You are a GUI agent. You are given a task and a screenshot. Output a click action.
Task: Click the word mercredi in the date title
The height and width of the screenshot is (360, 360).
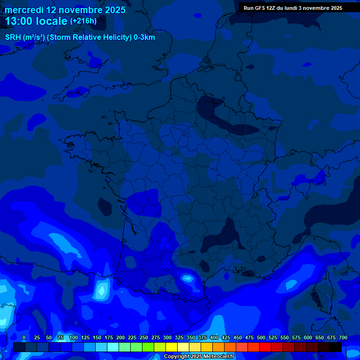click(24, 10)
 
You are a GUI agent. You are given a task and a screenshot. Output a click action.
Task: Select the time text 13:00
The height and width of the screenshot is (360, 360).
click(19, 21)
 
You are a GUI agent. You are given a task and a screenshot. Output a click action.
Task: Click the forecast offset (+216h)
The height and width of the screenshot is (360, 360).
click(83, 21)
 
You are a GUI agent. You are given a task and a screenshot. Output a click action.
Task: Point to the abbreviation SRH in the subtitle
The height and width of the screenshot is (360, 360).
click(13, 37)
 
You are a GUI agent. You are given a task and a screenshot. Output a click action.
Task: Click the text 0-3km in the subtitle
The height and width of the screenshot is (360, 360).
click(144, 37)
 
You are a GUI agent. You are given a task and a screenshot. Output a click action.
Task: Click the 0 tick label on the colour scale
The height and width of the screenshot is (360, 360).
click(24, 337)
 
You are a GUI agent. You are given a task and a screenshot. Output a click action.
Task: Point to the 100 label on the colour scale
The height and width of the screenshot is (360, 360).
click(73, 337)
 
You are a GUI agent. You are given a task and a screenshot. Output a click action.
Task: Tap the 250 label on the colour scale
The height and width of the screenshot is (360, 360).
click(143, 337)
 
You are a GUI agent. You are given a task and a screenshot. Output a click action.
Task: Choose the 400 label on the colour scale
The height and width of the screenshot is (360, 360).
click(214, 337)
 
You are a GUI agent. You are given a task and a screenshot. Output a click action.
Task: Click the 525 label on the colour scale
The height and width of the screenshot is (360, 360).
click(272, 337)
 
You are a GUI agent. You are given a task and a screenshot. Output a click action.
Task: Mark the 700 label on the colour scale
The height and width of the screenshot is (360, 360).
click(343, 337)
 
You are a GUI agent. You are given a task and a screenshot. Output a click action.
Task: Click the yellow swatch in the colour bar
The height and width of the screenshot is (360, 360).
click(172, 347)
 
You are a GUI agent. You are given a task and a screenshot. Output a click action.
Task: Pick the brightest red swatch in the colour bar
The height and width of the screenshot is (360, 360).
click(265, 347)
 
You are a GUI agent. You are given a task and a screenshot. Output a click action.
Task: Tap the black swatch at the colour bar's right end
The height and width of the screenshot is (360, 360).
click(336, 347)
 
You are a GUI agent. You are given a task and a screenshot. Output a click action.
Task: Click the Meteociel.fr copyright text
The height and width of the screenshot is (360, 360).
click(199, 357)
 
